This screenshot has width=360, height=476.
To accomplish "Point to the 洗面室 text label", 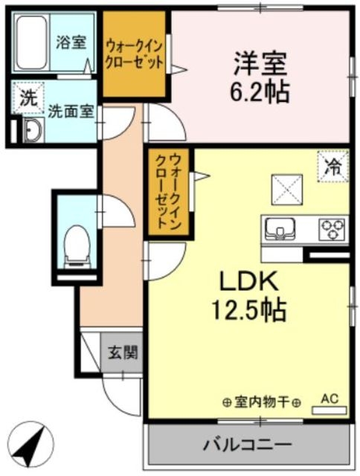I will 71,112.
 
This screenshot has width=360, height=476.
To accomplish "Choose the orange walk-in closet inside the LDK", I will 168,192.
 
